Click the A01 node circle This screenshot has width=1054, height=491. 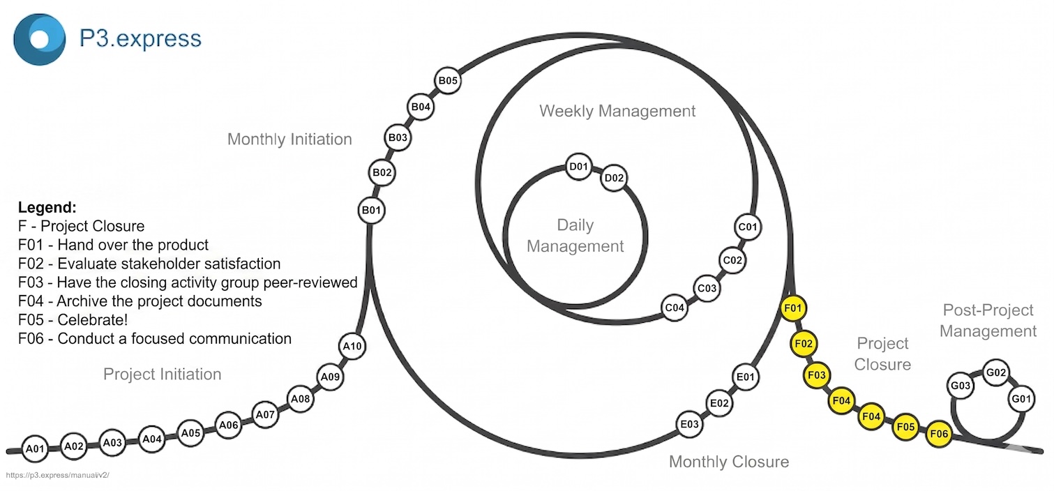click(x=35, y=448)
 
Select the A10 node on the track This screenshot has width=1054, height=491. click(x=353, y=346)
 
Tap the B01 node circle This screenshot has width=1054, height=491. click(x=372, y=210)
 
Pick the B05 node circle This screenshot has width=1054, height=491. click(x=447, y=81)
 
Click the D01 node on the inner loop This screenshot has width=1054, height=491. click(x=579, y=167)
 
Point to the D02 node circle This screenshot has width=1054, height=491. click(x=614, y=178)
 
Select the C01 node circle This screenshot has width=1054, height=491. click(x=747, y=227)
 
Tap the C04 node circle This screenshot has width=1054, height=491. click(x=675, y=308)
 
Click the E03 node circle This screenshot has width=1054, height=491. click(x=689, y=424)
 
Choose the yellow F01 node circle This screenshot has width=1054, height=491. click(x=794, y=308)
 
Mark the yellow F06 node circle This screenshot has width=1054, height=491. click(x=939, y=435)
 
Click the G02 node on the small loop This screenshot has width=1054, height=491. click(x=995, y=372)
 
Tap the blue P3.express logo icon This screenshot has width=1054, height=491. click(x=40, y=39)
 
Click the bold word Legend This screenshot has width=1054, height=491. click(x=47, y=208)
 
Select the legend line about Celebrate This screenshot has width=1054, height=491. click(x=73, y=320)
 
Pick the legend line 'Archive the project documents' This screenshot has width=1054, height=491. click(x=140, y=301)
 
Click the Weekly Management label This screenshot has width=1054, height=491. click(x=617, y=111)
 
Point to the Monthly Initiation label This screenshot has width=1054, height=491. click(x=289, y=139)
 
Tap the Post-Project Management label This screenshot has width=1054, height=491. click(x=988, y=320)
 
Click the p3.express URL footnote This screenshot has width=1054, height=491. click(x=58, y=475)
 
